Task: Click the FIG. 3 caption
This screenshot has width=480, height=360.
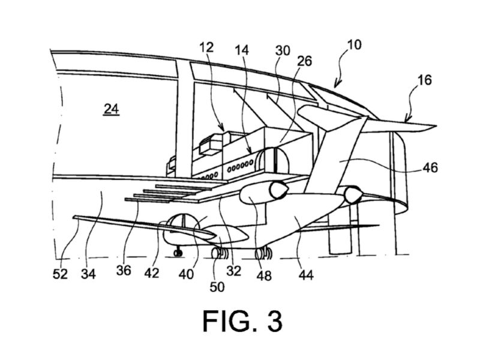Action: [x=242, y=320]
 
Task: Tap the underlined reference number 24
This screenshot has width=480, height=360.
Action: [x=112, y=109]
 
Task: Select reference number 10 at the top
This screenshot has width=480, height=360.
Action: [x=354, y=44]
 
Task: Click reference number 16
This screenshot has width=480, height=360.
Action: [x=424, y=80]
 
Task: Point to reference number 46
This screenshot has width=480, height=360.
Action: [x=430, y=168]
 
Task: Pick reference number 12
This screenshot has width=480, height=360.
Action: [x=206, y=47]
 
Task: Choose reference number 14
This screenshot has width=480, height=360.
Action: [x=242, y=50]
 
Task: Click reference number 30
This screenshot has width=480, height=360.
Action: [x=282, y=50]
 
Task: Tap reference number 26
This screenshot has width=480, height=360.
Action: [x=304, y=61]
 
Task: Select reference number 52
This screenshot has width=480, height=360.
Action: [x=60, y=274]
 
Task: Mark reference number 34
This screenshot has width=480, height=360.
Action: [x=88, y=274]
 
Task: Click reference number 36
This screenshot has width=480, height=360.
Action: [x=124, y=271]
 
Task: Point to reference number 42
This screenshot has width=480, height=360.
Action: [x=152, y=273]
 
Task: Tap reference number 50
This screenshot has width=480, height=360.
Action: [x=217, y=287]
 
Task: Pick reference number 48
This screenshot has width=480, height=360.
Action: [x=264, y=275]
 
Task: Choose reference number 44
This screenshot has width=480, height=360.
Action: [x=306, y=275]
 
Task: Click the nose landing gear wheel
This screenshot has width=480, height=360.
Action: [x=178, y=253]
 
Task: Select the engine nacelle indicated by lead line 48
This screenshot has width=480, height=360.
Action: [x=264, y=192]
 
